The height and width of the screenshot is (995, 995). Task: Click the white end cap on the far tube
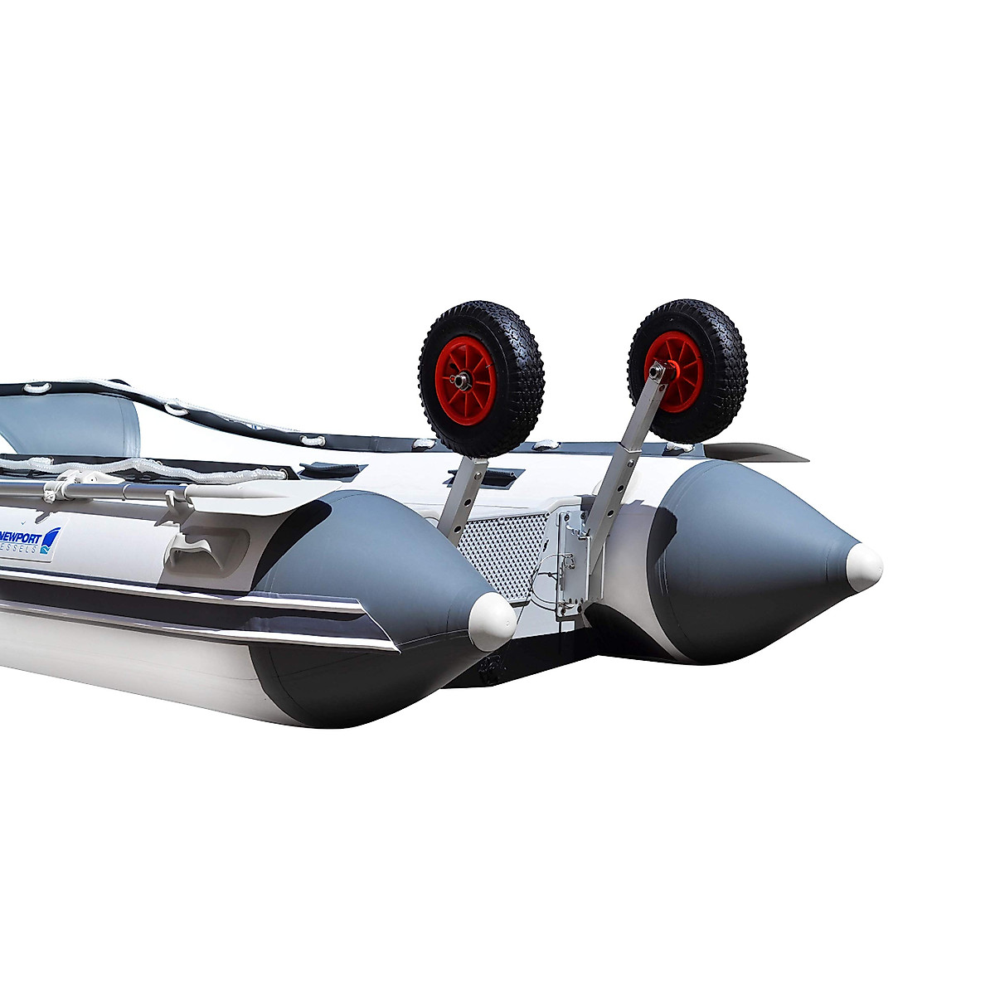coord(864,566)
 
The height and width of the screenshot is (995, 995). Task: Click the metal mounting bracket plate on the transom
coord(570,564)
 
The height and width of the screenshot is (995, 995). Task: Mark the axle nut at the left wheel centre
coord(460,381)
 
